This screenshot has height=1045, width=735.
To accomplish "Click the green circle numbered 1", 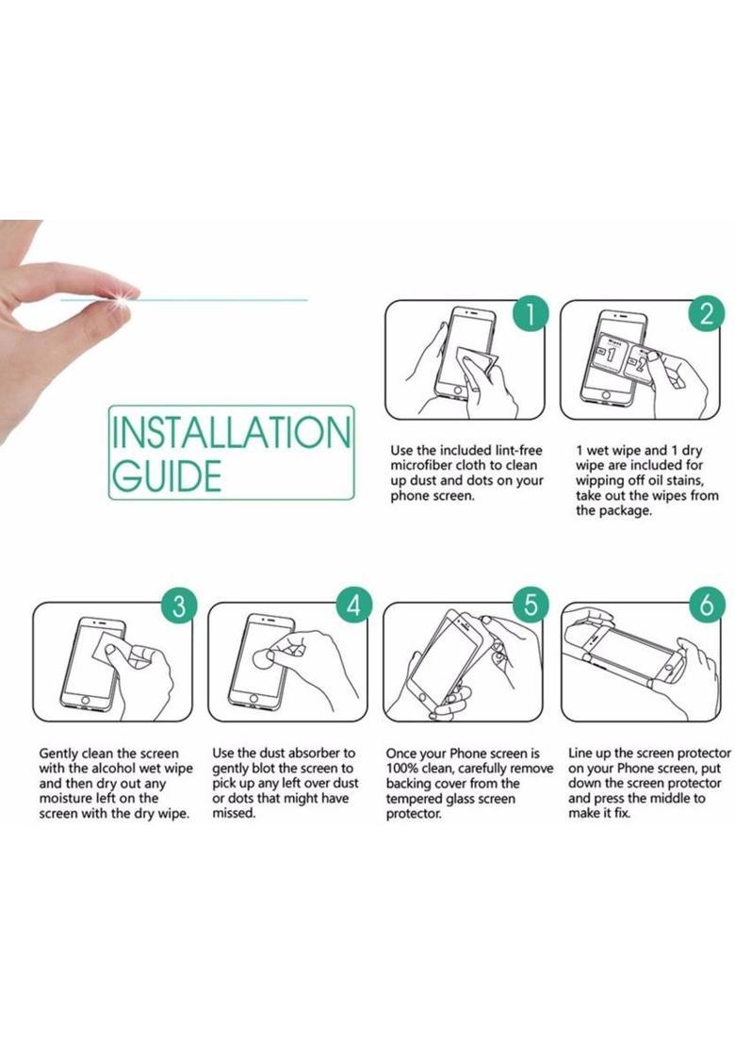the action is pos(531,313).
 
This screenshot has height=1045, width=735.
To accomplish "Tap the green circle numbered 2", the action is pos(707,313).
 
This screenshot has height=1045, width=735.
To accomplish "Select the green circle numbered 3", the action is pos(179,605).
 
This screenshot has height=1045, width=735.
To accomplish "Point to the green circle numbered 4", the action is pos(353,605).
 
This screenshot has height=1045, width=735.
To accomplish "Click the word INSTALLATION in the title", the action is pos(231,432).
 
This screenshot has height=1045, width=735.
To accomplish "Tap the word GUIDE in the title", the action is pos(167,475).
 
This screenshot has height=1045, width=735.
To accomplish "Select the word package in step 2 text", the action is pos(625,511).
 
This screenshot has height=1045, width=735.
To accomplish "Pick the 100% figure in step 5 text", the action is pos(402,769).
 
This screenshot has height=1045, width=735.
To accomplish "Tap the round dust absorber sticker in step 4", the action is pos(264,660).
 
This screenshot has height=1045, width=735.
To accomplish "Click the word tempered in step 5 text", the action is pos(414,799).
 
